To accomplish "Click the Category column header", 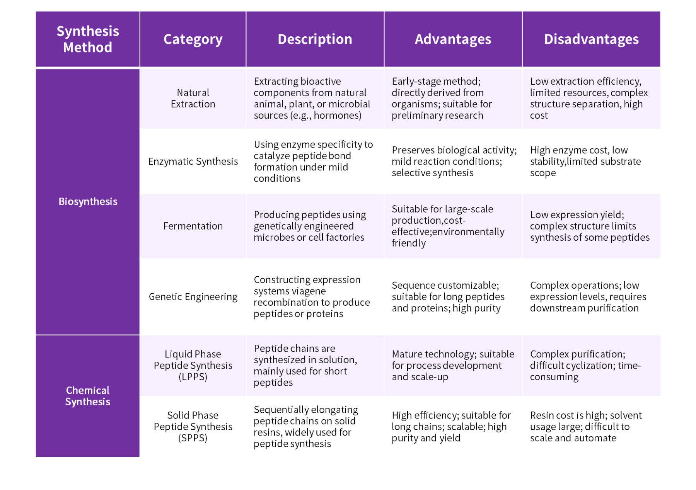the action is point(193,39).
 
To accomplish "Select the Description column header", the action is point(315,39).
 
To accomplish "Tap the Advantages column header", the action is point(453,39).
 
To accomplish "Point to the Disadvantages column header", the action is point(591,39).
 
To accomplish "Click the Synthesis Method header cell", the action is point(88,39).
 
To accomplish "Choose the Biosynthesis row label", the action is point(88,201).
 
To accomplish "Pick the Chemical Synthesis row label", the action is point(88,396).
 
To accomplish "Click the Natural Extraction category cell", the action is point(193,98).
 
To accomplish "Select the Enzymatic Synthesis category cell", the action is point(193,161).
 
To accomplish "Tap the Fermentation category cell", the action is point(193,226).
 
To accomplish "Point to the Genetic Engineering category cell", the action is point(193,296).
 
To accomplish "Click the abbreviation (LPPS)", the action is point(193,377).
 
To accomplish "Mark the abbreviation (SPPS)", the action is point(193,438).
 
